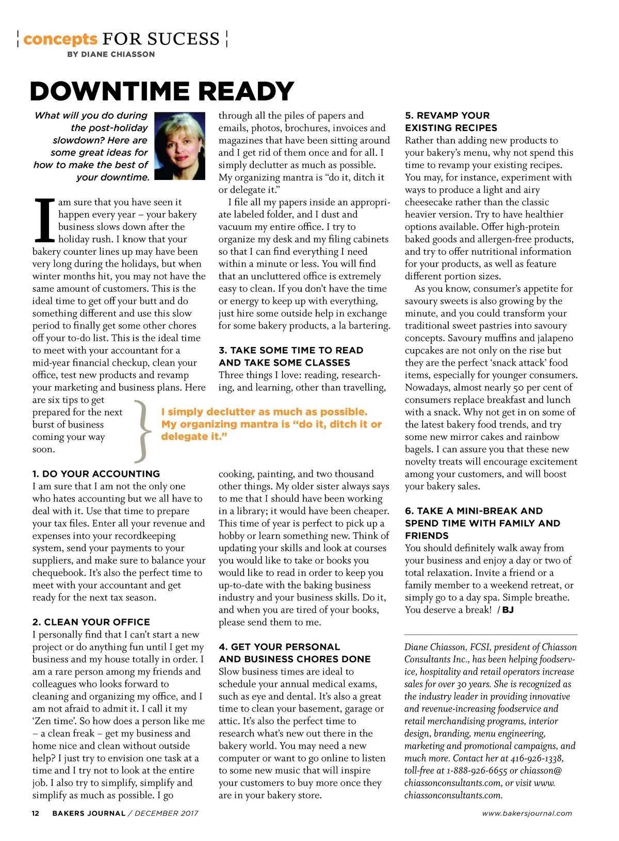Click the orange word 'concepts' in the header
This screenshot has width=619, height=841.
tap(60, 39)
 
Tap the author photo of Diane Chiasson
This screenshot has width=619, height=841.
tap(180, 146)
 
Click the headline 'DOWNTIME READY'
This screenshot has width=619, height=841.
tap(162, 91)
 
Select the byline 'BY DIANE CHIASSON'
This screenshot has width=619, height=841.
tap(111, 54)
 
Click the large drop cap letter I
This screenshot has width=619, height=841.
tap(44, 221)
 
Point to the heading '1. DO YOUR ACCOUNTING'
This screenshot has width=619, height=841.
tap(96, 474)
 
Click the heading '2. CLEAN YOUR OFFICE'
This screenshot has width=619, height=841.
tap(91, 622)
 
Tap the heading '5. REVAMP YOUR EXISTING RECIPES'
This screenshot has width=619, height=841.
tap(451, 122)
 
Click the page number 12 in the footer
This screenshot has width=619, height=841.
tap(36, 813)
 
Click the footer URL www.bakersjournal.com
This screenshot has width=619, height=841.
tap(527, 813)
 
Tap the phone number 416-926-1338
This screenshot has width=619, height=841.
tap(536, 758)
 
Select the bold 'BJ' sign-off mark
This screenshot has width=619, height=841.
tap(508, 610)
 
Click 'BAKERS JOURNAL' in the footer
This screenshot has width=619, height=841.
tap(89, 813)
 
